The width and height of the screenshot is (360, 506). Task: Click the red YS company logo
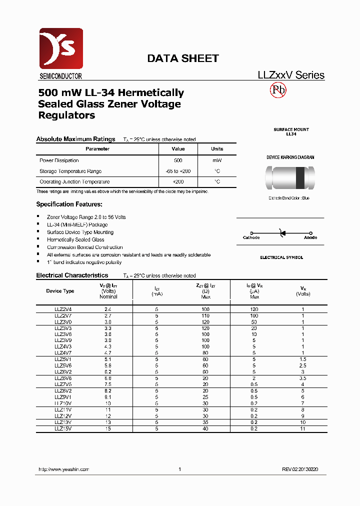60,49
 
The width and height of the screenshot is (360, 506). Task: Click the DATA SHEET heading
182,58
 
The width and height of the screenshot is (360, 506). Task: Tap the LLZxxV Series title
290,75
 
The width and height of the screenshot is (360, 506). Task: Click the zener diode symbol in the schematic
282,232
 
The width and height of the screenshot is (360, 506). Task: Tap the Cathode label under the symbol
251,238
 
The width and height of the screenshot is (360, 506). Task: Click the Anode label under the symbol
310,238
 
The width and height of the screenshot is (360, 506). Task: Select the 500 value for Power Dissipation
178,160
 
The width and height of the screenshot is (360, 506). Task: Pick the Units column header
217,149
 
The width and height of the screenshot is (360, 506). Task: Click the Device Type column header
60,290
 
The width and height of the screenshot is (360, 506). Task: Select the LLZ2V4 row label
63,309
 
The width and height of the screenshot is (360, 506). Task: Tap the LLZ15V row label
63,428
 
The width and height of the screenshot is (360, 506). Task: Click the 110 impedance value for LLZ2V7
205,316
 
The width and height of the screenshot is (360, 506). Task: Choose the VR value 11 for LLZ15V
302,428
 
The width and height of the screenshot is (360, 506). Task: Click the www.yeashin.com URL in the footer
63,469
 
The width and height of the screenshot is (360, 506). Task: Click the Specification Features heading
69,204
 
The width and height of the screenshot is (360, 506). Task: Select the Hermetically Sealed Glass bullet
75,240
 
